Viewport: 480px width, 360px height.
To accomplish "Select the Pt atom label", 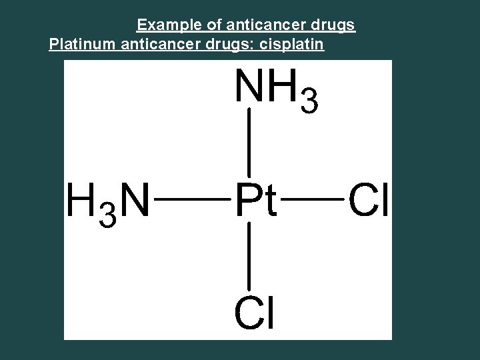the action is point(255,201).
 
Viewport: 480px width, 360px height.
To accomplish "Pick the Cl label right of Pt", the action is point(369,201).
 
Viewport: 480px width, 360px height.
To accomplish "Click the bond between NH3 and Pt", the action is point(249,143).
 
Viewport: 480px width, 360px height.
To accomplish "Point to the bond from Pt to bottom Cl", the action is point(249,257).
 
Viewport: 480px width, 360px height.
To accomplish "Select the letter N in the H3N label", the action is point(134,201).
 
